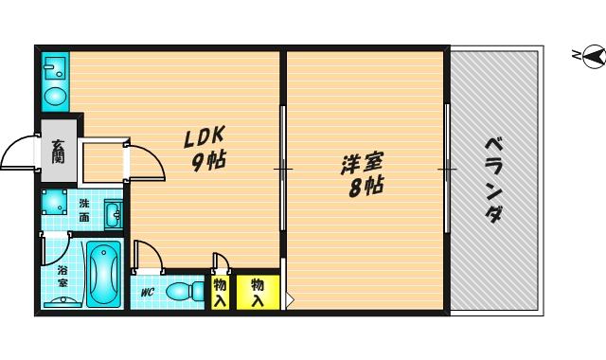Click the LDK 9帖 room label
pyautogui.click(x=205, y=148)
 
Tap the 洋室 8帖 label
pyautogui.click(x=363, y=174)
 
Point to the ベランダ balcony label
pyautogui.click(x=494, y=180)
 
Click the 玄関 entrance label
pyautogui.click(x=59, y=151)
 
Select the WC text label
pyautogui.click(x=148, y=293)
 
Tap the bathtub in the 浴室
pyautogui.click(x=103, y=273)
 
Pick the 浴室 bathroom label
pyautogui.click(x=62, y=276)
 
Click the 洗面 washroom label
pyautogui.click(x=84, y=210)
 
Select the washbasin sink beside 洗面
pyautogui.click(x=114, y=215)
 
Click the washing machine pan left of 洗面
pyautogui.click(x=54, y=202)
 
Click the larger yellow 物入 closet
pyautogui.click(x=258, y=293)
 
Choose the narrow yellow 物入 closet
pyautogui.click(x=220, y=293)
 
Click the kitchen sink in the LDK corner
pyautogui.click(x=55, y=67)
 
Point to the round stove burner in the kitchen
pyautogui.click(x=55, y=96)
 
